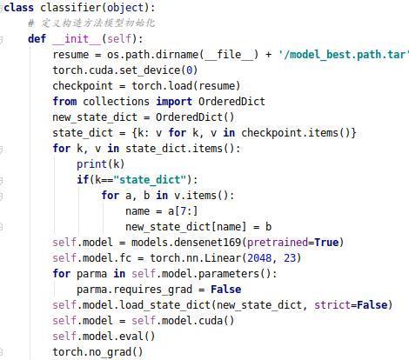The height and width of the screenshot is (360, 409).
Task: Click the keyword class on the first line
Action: point(19,8)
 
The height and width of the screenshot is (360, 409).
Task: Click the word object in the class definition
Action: point(125,8)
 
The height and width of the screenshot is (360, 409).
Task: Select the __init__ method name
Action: point(77,38)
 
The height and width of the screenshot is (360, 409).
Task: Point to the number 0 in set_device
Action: point(189,70)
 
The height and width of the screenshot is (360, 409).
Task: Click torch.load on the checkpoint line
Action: point(162,86)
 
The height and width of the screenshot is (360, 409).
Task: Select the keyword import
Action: point(174,102)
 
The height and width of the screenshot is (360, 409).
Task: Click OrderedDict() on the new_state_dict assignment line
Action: point(195,117)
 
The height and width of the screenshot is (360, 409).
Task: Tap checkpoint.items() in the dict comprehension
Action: point(296,133)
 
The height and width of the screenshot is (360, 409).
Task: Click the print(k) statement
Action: point(101,164)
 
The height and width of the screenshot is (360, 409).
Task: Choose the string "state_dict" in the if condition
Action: point(150,180)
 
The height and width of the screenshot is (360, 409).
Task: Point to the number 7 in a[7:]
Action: point(183,211)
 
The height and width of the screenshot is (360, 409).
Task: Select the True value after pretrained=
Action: point(326,243)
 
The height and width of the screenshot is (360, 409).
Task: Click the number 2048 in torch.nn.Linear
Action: point(259,258)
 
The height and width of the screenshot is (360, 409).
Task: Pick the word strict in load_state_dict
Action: point(332,305)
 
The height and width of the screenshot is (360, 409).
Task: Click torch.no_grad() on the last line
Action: point(97,352)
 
